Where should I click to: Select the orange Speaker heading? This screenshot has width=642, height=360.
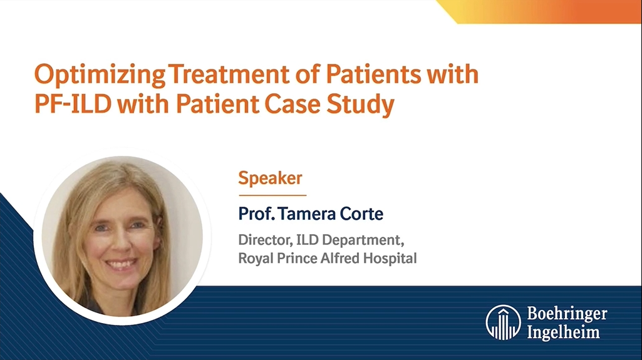[x=270, y=178]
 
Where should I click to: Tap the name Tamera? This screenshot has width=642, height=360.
[x=305, y=214]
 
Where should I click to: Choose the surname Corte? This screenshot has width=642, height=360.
[x=361, y=214]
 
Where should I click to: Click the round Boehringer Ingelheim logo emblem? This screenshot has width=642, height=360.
[x=503, y=322]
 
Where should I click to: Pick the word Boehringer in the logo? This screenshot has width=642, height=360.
[x=566, y=314]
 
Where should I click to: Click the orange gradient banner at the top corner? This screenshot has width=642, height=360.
[x=551, y=11]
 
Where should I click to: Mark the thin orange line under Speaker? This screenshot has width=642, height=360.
[x=263, y=195]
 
